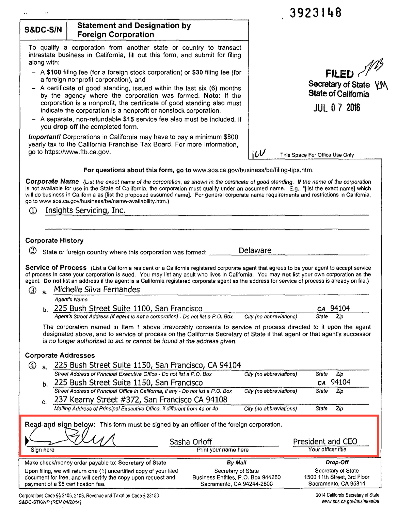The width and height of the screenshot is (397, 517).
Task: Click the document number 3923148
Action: tap(315, 13)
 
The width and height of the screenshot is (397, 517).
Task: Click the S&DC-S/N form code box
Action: tap(43, 30)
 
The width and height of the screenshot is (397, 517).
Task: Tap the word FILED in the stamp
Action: tap(339, 74)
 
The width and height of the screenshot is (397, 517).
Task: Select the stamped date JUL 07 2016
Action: tap(336, 108)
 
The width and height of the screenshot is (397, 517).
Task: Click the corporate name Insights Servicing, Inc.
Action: tap(85, 210)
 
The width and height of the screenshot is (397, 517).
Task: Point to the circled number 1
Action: tap(33, 211)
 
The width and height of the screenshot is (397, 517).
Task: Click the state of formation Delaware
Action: tap(255, 251)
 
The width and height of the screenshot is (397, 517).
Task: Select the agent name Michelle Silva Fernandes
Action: tap(97, 289)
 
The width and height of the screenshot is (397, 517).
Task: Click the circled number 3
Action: tap(32, 291)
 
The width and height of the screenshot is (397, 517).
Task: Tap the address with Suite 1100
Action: tap(128, 309)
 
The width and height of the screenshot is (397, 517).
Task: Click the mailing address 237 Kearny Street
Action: tap(141, 399)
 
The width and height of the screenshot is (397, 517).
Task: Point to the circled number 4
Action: tap(32, 366)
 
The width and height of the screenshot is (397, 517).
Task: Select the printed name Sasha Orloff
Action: tap(191, 442)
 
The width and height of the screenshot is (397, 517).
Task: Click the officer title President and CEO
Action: tap(325, 441)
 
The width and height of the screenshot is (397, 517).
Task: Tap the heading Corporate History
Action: tap(54, 240)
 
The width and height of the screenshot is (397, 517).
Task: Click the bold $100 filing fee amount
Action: tap(53, 72)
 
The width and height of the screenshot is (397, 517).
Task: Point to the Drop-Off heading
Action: tap(337, 463)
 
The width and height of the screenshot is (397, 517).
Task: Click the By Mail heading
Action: tap(236, 463)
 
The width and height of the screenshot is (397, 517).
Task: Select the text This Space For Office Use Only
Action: tap(317, 155)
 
